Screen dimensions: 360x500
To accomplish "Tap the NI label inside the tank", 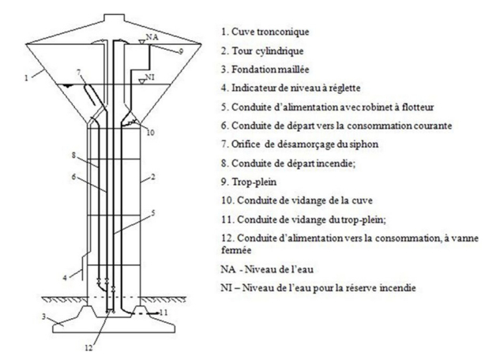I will [x=147, y=79].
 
